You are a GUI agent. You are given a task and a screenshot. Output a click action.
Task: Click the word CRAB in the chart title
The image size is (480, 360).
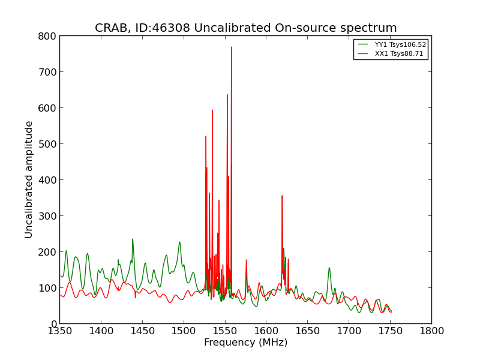tap(110, 28)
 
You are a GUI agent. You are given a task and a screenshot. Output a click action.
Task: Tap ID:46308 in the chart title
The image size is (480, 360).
tap(162, 28)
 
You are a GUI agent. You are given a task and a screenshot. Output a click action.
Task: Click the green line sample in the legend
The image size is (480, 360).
tap(363, 44)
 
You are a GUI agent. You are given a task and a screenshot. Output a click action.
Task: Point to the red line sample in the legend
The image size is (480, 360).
tap(363, 54)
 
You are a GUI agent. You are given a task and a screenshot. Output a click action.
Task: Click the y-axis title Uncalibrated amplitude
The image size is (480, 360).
tap(28, 179)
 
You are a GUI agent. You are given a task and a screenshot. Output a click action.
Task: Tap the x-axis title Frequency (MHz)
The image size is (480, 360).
tap(246, 342)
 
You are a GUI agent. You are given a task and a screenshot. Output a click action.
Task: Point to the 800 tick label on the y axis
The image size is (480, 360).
tap(47, 36)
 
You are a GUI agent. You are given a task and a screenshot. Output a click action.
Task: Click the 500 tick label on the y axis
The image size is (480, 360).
tap(47, 144)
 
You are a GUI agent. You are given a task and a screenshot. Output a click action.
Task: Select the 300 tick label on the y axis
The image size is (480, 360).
tap(47, 216)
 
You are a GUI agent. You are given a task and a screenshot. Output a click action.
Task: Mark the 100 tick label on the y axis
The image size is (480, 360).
tap(47, 288)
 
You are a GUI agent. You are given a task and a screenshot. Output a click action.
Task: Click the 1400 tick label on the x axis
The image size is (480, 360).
tap(101, 331)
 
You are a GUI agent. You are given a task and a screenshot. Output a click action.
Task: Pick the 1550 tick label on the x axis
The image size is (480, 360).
tap(225, 331)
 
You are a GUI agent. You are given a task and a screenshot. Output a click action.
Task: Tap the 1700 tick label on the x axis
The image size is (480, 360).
tap(349, 331)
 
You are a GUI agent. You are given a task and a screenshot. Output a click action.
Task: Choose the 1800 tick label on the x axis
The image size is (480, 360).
tap(431, 331)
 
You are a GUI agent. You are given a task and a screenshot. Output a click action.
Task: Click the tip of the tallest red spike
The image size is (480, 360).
tap(232, 47)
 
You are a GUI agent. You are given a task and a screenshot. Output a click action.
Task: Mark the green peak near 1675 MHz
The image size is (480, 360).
tap(329, 268)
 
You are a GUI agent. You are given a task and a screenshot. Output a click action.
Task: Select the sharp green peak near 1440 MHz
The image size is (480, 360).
tap(133, 239)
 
